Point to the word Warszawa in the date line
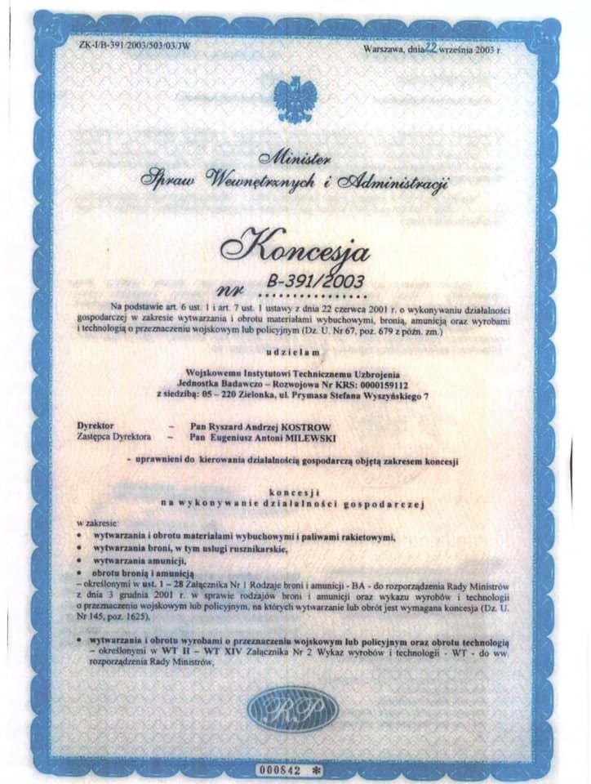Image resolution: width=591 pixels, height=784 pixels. pyautogui.click(x=385, y=50)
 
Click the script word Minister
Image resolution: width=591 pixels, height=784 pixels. pyautogui.click(x=295, y=157)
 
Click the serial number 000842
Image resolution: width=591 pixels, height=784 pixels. pyautogui.click(x=281, y=769)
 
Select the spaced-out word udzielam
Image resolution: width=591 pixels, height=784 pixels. pyautogui.click(x=295, y=352)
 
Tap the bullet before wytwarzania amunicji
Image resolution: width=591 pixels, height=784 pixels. pyautogui.click(x=78, y=562)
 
